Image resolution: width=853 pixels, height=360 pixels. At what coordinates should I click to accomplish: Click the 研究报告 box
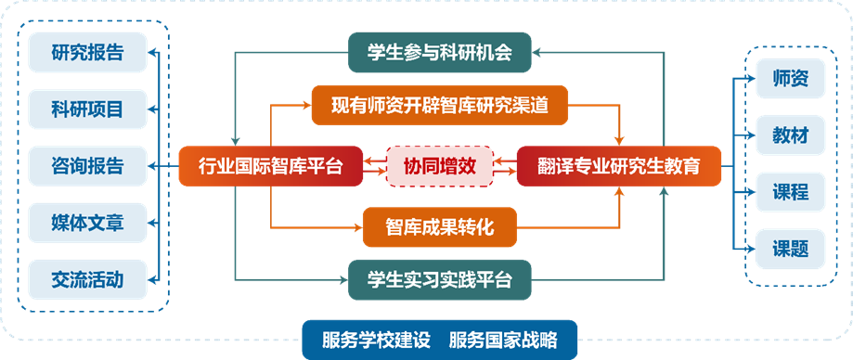(x=87, y=52)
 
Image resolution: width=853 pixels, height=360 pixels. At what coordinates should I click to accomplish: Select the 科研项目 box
(x=87, y=109)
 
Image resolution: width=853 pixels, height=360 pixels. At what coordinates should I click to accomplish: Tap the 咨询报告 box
(x=87, y=166)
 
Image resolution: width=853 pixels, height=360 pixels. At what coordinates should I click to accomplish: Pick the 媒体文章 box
(x=87, y=223)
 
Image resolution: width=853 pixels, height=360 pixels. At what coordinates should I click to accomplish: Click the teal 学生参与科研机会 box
(x=440, y=53)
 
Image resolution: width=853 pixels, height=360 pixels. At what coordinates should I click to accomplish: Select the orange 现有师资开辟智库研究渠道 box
(x=439, y=106)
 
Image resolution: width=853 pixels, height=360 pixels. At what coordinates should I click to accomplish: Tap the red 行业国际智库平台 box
(x=270, y=167)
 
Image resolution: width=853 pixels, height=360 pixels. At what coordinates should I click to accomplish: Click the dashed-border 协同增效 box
(x=440, y=167)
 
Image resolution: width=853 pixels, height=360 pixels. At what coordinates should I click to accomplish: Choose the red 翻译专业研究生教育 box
(x=618, y=167)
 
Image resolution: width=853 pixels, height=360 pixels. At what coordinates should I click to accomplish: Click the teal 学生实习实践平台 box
(x=440, y=278)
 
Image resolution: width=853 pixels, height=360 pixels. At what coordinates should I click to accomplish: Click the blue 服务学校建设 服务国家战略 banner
(x=440, y=339)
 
